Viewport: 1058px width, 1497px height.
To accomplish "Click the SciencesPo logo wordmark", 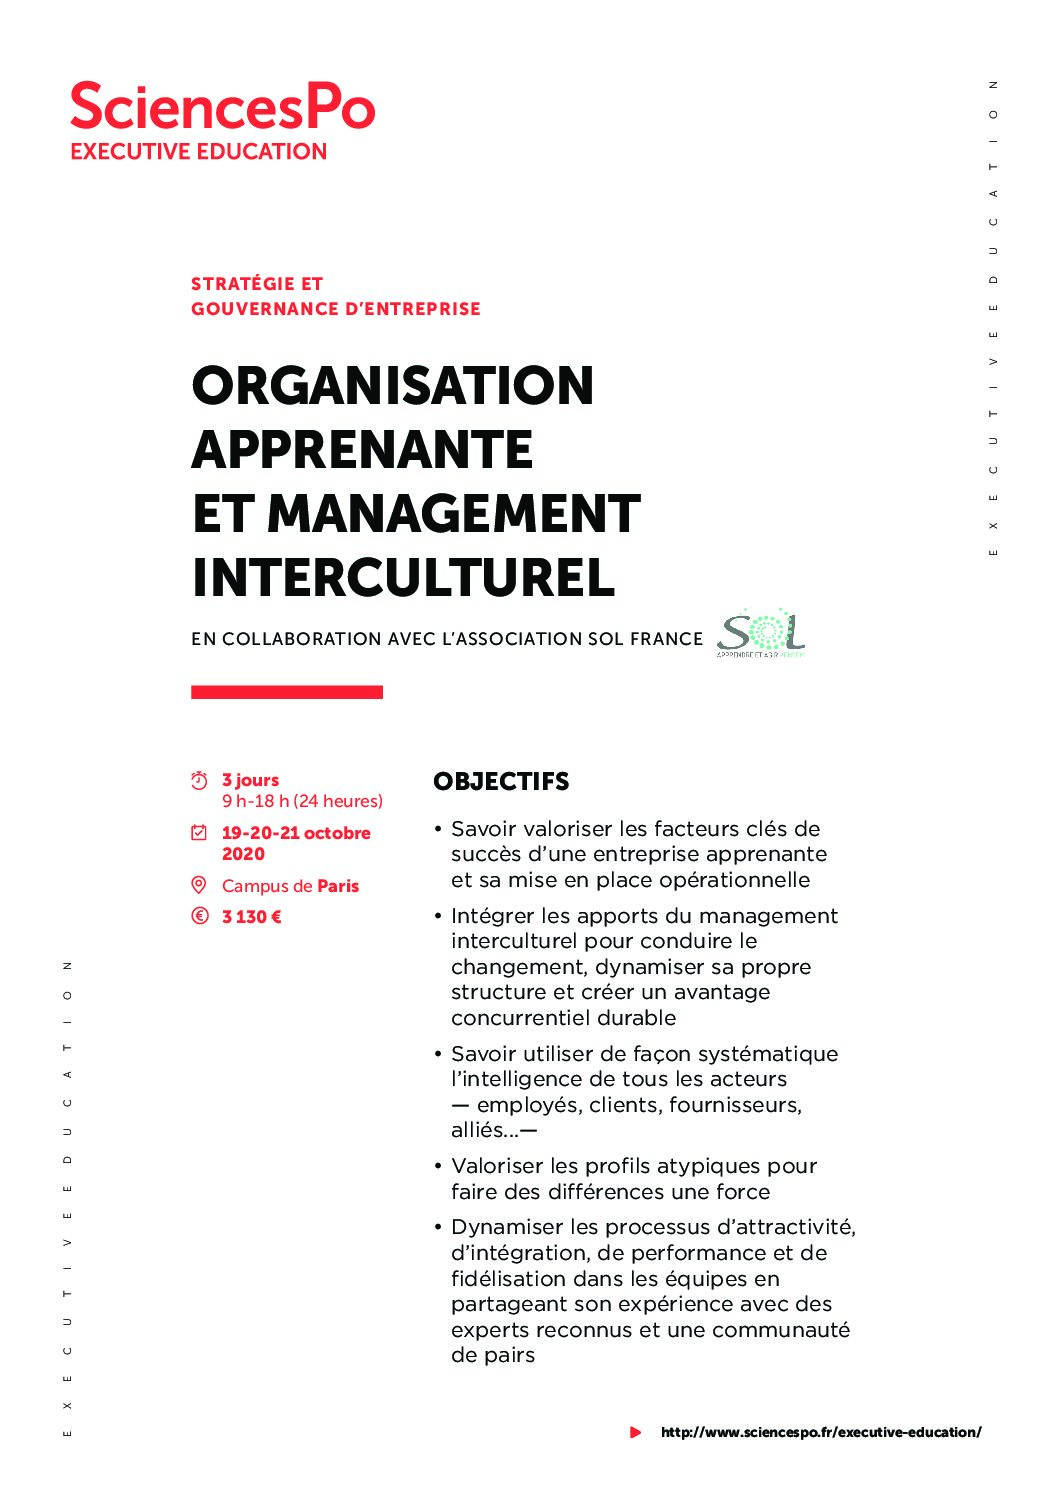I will pyautogui.click(x=222, y=107).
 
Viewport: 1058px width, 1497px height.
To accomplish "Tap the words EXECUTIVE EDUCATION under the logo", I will pyautogui.click(x=198, y=152).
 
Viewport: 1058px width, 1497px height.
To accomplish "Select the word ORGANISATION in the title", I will pyautogui.click(x=393, y=386).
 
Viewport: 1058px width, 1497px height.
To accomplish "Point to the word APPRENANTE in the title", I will pyautogui.click(x=362, y=450).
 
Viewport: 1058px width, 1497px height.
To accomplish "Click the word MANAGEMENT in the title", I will pyautogui.click(x=454, y=514).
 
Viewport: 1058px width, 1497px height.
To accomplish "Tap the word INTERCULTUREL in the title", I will pyautogui.click(x=403, y=578).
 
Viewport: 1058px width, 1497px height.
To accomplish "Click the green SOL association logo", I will pyautogui.click(x=760, y=633).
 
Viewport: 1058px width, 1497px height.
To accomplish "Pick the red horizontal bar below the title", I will pyautogui.click(x=287, y=692).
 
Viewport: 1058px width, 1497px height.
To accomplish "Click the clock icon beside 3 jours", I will pyautogui.click(x=199, y=780).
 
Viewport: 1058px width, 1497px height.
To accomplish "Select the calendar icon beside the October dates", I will pyautogui.click(x=199, y=832).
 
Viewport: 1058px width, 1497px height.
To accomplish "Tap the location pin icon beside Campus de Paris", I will pyautogui.click(x=199, y=885).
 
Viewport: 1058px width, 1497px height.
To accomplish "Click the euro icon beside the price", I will pyautogui.click(x=199, y=916).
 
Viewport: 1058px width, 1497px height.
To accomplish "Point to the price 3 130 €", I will pyautogui.click(x=252, y=917).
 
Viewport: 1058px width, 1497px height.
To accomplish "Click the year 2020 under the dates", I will pyautogui.click(x=243, y=854).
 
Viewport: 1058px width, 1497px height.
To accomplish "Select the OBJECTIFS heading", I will pyautogui.click(x=501, y=782).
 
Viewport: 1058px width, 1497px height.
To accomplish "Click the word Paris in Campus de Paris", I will pyautogui.click(x=338, y=886).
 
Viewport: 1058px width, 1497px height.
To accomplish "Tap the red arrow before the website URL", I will pyautogui.click(x=635, y=1432).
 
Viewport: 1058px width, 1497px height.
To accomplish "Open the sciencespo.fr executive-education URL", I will pyautogui.click(x=821, y=1432).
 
